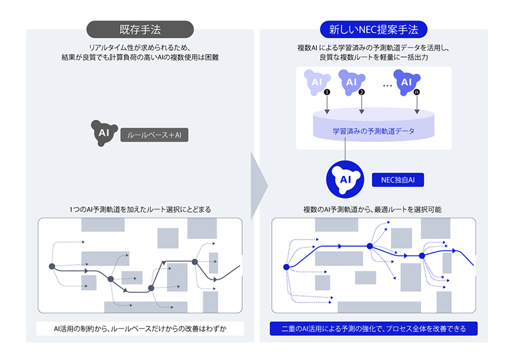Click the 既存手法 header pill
(140, 30)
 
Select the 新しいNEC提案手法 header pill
(374, 30)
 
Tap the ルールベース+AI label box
(154, 135)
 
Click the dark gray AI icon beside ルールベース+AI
(104, 133)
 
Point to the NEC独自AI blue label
(398, 180)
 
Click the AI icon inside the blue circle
(345, 179)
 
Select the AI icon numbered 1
(317, 82)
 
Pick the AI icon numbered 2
(351, 82)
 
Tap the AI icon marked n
(407, 82)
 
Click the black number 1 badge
(327, 92)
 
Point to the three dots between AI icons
(387, 86)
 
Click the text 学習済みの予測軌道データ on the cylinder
(374, 131)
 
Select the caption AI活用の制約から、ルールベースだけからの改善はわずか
(140, 328)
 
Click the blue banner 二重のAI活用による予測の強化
(374, 328)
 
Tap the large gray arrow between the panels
(260, 186)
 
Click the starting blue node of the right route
(286, 267)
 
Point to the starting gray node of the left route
(52, 266)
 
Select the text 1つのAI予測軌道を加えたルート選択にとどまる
(140, 209)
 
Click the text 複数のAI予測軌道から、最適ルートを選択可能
(373, 209)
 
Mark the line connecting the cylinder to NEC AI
(345, 149)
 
